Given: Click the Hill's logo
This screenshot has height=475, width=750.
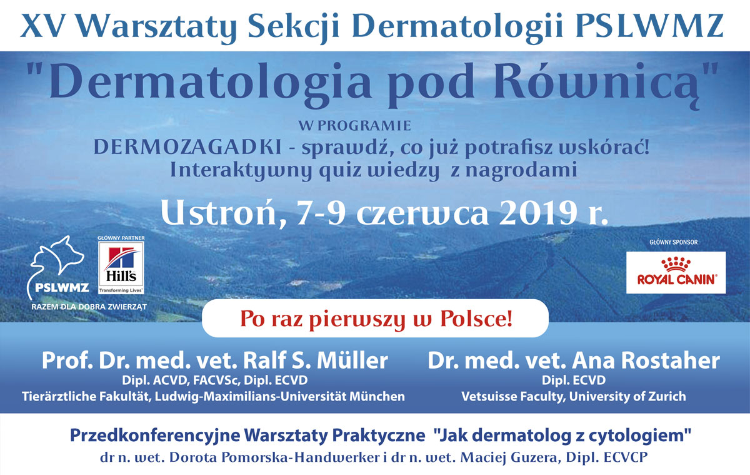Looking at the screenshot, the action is (121, 268).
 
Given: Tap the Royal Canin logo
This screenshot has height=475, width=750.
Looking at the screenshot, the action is (676, 272).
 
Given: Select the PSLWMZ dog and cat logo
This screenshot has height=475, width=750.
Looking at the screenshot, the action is (57, 267).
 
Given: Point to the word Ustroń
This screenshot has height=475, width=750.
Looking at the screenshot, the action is (219, 213).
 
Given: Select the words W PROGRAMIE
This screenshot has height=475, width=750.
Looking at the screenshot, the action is (354, 126).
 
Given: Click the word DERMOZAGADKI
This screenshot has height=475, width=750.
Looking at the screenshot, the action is (187, 147).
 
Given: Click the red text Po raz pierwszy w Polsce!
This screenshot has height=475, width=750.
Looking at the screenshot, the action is (376, 319).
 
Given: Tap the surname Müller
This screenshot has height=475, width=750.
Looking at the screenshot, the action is (352, 360).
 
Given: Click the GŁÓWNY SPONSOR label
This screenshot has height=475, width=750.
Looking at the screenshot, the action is (674, 242).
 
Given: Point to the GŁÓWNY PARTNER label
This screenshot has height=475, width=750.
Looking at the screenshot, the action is (121, 238).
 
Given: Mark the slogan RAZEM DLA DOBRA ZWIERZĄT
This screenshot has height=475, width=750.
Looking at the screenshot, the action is (89, 307).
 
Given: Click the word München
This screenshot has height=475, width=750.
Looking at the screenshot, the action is (377, 397).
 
